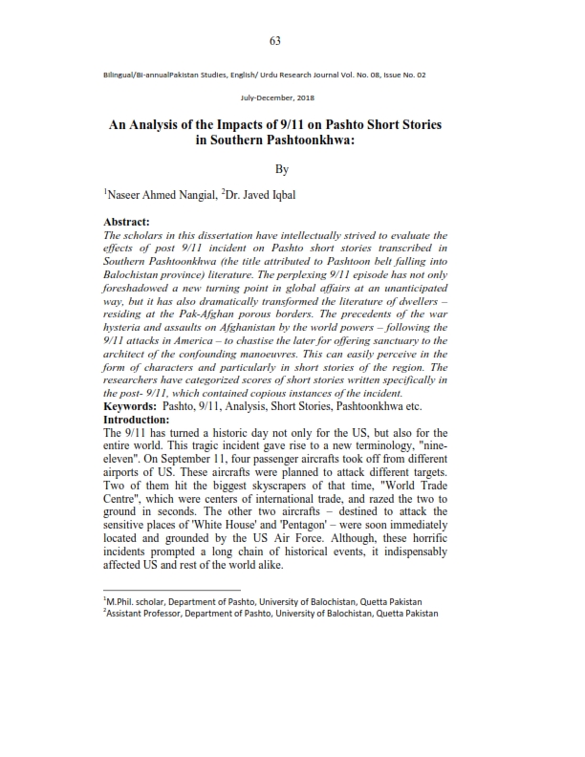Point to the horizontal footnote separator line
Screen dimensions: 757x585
171,590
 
